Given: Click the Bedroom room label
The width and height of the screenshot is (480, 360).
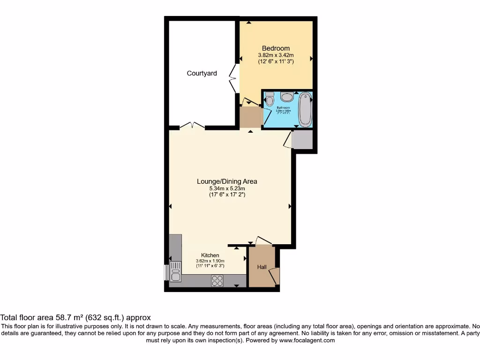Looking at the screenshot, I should pyautogui.click(x=276, y=48).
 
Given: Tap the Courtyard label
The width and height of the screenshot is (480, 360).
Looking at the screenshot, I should pyautogui.click(x=202, y=73).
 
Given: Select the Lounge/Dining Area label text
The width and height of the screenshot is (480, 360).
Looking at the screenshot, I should pyautogui.click(x=227, y=181).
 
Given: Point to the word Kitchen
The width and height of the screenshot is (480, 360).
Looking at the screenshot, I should pyautogui.click(x=210, y=255).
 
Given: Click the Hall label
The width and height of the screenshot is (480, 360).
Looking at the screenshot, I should pyautogui.click(x=262, y=267).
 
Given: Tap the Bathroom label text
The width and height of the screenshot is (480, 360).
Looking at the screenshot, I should pyautogui.click(x=283, y=108).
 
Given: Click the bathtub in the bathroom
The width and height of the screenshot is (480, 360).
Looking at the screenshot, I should pyautogui.click(x=305, y=109).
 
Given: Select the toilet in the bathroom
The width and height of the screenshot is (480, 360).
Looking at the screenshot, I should pyautogui.click(x=270, y=99).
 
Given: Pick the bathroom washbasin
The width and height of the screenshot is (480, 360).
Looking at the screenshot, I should pyautogui.click(x=287, y=97).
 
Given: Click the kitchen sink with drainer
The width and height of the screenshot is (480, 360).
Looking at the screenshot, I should pyautogui.click(x=175, y=271).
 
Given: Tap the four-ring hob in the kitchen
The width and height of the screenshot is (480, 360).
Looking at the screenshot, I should pyautogui.click(x=217, y=280).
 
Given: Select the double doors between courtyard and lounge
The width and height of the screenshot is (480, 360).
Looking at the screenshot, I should pyautogui.click(x=192, y=126).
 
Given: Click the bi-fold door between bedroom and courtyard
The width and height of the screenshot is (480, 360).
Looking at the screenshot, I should pyautogui.click(x=233, y=78).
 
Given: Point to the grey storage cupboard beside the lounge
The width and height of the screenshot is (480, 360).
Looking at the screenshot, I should pyautogui.click(x=302, y=140).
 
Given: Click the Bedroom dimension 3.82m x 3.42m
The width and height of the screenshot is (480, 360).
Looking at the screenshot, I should pyautogui.click(x=276, y=55).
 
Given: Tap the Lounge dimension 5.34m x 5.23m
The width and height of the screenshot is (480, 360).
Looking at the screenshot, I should pyautogui.click(x=227, y=188).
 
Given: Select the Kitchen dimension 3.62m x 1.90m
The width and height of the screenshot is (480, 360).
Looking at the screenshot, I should pyautogui.click(x=210, y=261).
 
